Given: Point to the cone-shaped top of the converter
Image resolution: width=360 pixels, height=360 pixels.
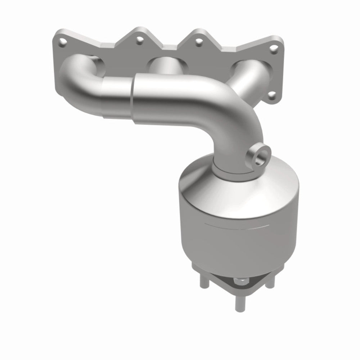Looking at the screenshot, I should pos(216,194).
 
